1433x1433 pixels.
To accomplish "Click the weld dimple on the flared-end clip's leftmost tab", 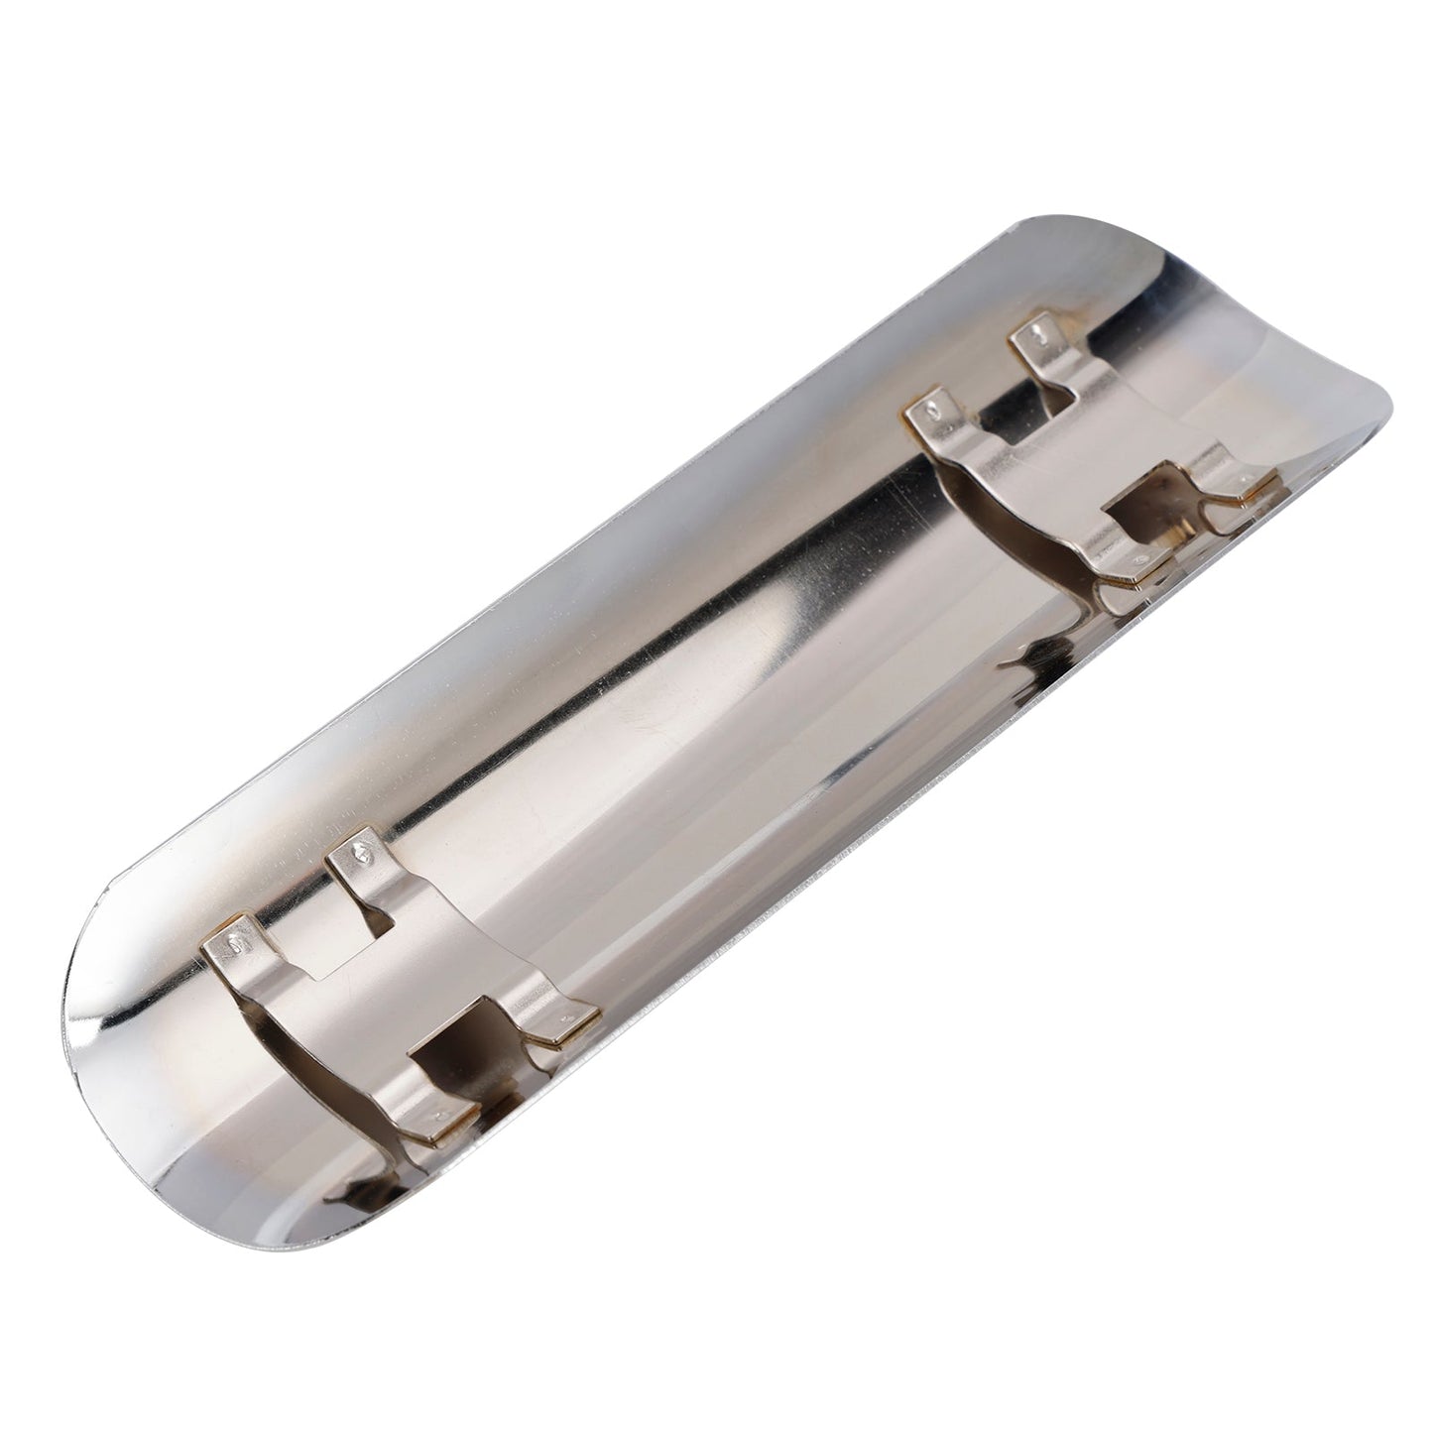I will tap(932, 407).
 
